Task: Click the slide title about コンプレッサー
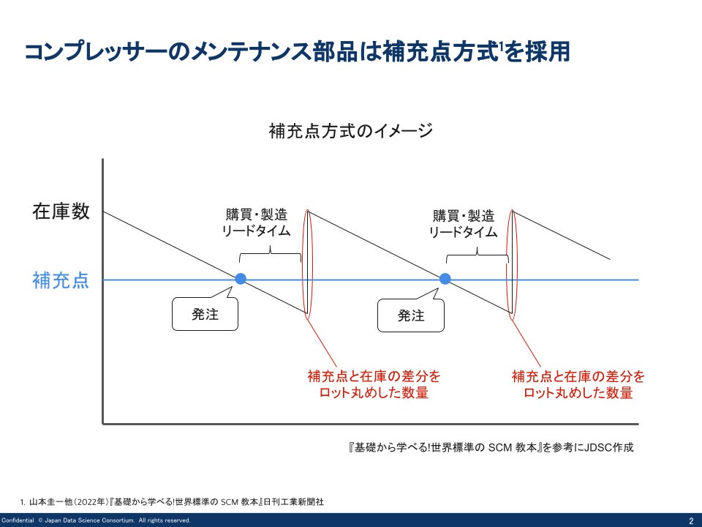point(296,52)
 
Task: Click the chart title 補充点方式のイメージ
point(351,131)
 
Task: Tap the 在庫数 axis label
point(61,212)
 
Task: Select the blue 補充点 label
point(61,280)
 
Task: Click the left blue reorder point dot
point(240,279)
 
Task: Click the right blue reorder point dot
point(445,279)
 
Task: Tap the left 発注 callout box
point(205,315)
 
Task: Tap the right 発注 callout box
point(411,316)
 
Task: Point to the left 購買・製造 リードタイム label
point(256,223)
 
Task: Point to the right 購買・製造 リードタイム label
point(463,223)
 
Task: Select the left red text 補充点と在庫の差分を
point(374,377)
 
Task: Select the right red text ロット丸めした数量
point(578,393)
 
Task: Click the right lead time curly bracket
point(477,254)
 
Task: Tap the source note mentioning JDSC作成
point(491,447)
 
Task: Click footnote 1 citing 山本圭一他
point(173,502)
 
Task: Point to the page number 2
point(690,520)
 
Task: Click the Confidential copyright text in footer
point(96,520)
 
